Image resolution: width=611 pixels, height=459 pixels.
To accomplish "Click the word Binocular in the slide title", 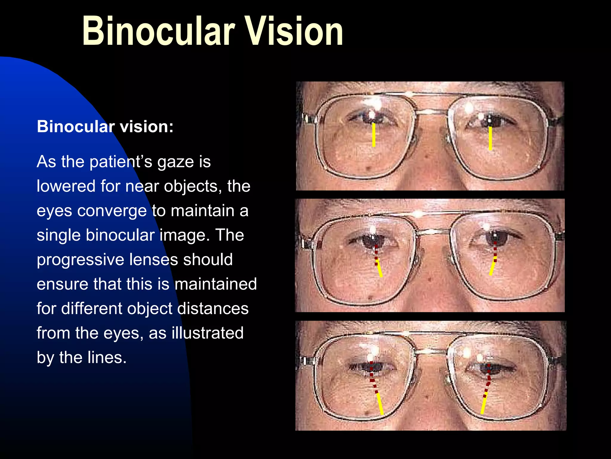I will [x=158, y=31].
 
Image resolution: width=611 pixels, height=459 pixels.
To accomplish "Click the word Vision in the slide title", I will [x=294, y=31].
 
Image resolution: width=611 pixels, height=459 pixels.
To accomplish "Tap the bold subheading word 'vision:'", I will [x=146, y=127].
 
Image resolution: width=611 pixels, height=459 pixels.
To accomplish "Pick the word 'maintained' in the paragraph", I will [x=215, y=284].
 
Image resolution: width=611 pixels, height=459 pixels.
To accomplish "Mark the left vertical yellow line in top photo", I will [x=374, y=135].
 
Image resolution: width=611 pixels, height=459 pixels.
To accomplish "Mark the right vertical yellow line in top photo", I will [x=490, y=138].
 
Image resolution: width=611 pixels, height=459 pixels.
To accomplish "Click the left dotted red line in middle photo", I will [x=376, y=255].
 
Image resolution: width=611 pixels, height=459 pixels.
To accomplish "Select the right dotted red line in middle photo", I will [x=495, y=252].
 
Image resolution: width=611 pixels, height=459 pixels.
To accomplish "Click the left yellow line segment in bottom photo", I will [x=380, y=404].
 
